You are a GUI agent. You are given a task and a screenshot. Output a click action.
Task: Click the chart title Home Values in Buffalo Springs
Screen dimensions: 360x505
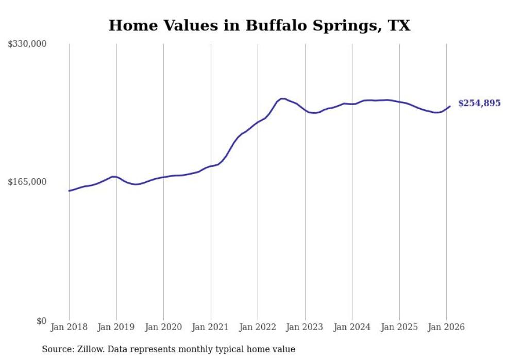259,25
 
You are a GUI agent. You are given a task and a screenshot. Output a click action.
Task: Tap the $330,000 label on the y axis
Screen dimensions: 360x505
27,44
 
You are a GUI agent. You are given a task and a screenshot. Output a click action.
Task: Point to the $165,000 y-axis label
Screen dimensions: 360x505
27,182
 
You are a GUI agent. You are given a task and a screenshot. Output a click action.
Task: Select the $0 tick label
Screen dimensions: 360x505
41,321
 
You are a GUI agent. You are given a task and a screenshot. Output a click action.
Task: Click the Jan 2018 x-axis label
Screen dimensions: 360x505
69,328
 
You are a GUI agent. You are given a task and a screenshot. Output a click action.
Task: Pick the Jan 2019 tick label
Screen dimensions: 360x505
116,328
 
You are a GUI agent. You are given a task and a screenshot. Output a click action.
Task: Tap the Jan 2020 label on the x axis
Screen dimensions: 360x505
163,328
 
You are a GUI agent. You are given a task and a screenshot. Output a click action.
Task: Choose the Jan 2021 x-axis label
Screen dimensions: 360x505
211,328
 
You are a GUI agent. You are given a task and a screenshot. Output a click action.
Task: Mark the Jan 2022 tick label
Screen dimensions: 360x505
258,328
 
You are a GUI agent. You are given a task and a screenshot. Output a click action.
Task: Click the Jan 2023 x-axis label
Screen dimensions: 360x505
305,328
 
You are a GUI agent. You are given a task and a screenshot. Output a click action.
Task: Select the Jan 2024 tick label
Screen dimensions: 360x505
352,328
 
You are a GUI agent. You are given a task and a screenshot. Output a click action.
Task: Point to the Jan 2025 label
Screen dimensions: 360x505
399,328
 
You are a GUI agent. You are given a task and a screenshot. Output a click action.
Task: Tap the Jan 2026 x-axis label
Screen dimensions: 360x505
446,328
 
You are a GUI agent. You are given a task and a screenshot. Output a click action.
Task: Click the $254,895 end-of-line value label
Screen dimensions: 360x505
479,104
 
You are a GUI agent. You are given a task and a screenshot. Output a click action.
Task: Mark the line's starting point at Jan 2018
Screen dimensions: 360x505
69,191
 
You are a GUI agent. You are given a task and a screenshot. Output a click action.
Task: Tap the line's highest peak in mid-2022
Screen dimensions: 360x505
282,98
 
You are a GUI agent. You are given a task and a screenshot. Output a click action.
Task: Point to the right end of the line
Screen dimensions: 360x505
450,107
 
